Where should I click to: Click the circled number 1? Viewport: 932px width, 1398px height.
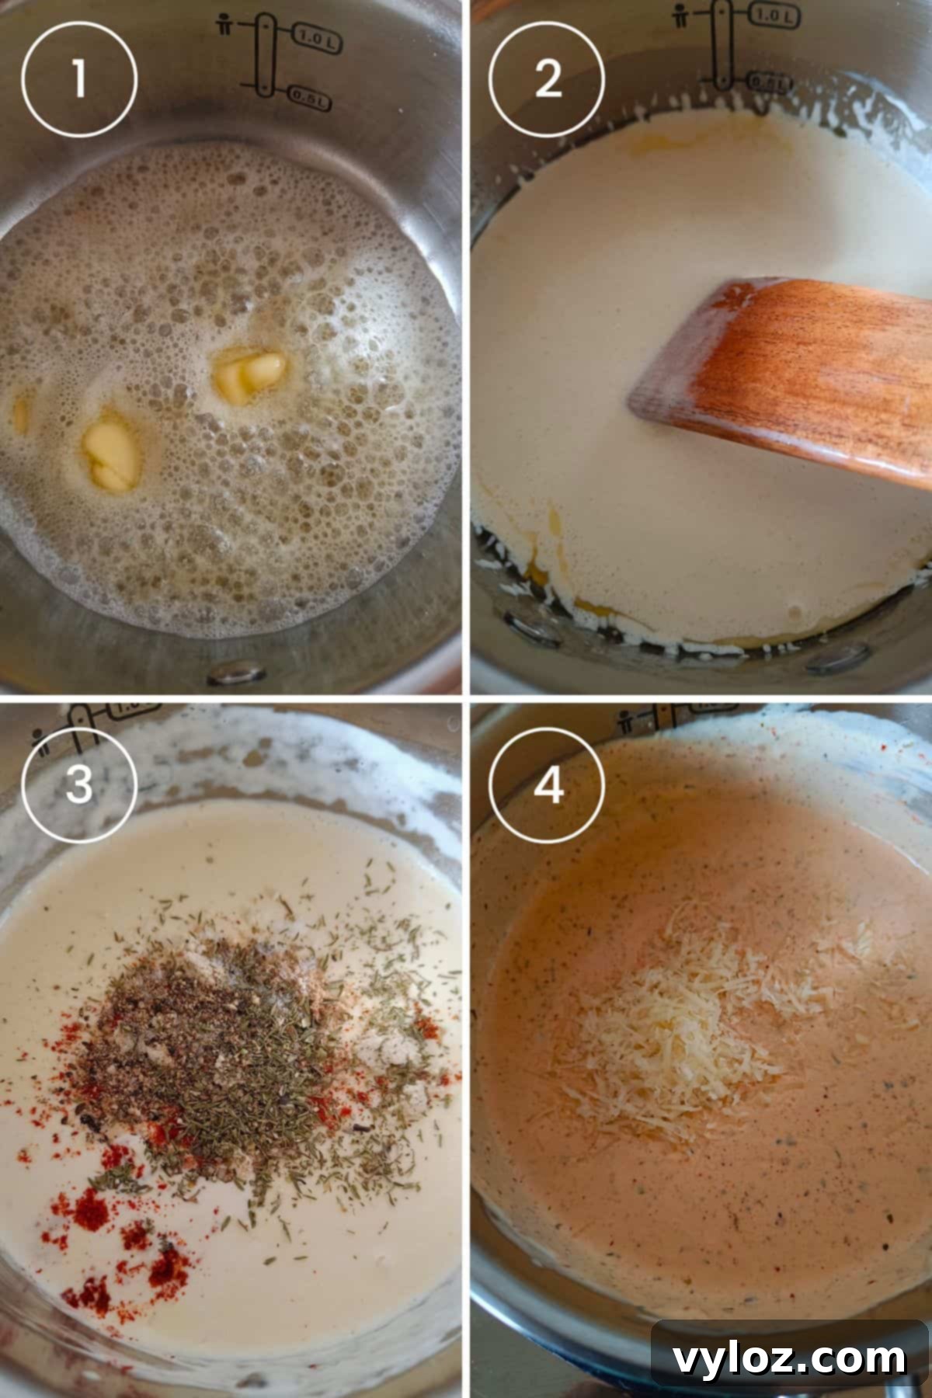tap(78, 78)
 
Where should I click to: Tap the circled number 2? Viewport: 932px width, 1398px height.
tap(547, 78)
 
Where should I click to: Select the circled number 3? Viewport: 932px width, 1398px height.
tap(78, 785)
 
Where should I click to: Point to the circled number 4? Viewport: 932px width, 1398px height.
tap(547, 785)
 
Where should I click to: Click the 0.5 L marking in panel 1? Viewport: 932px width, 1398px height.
tap(310, 98)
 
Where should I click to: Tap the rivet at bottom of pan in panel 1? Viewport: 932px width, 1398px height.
tap(238, 672)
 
